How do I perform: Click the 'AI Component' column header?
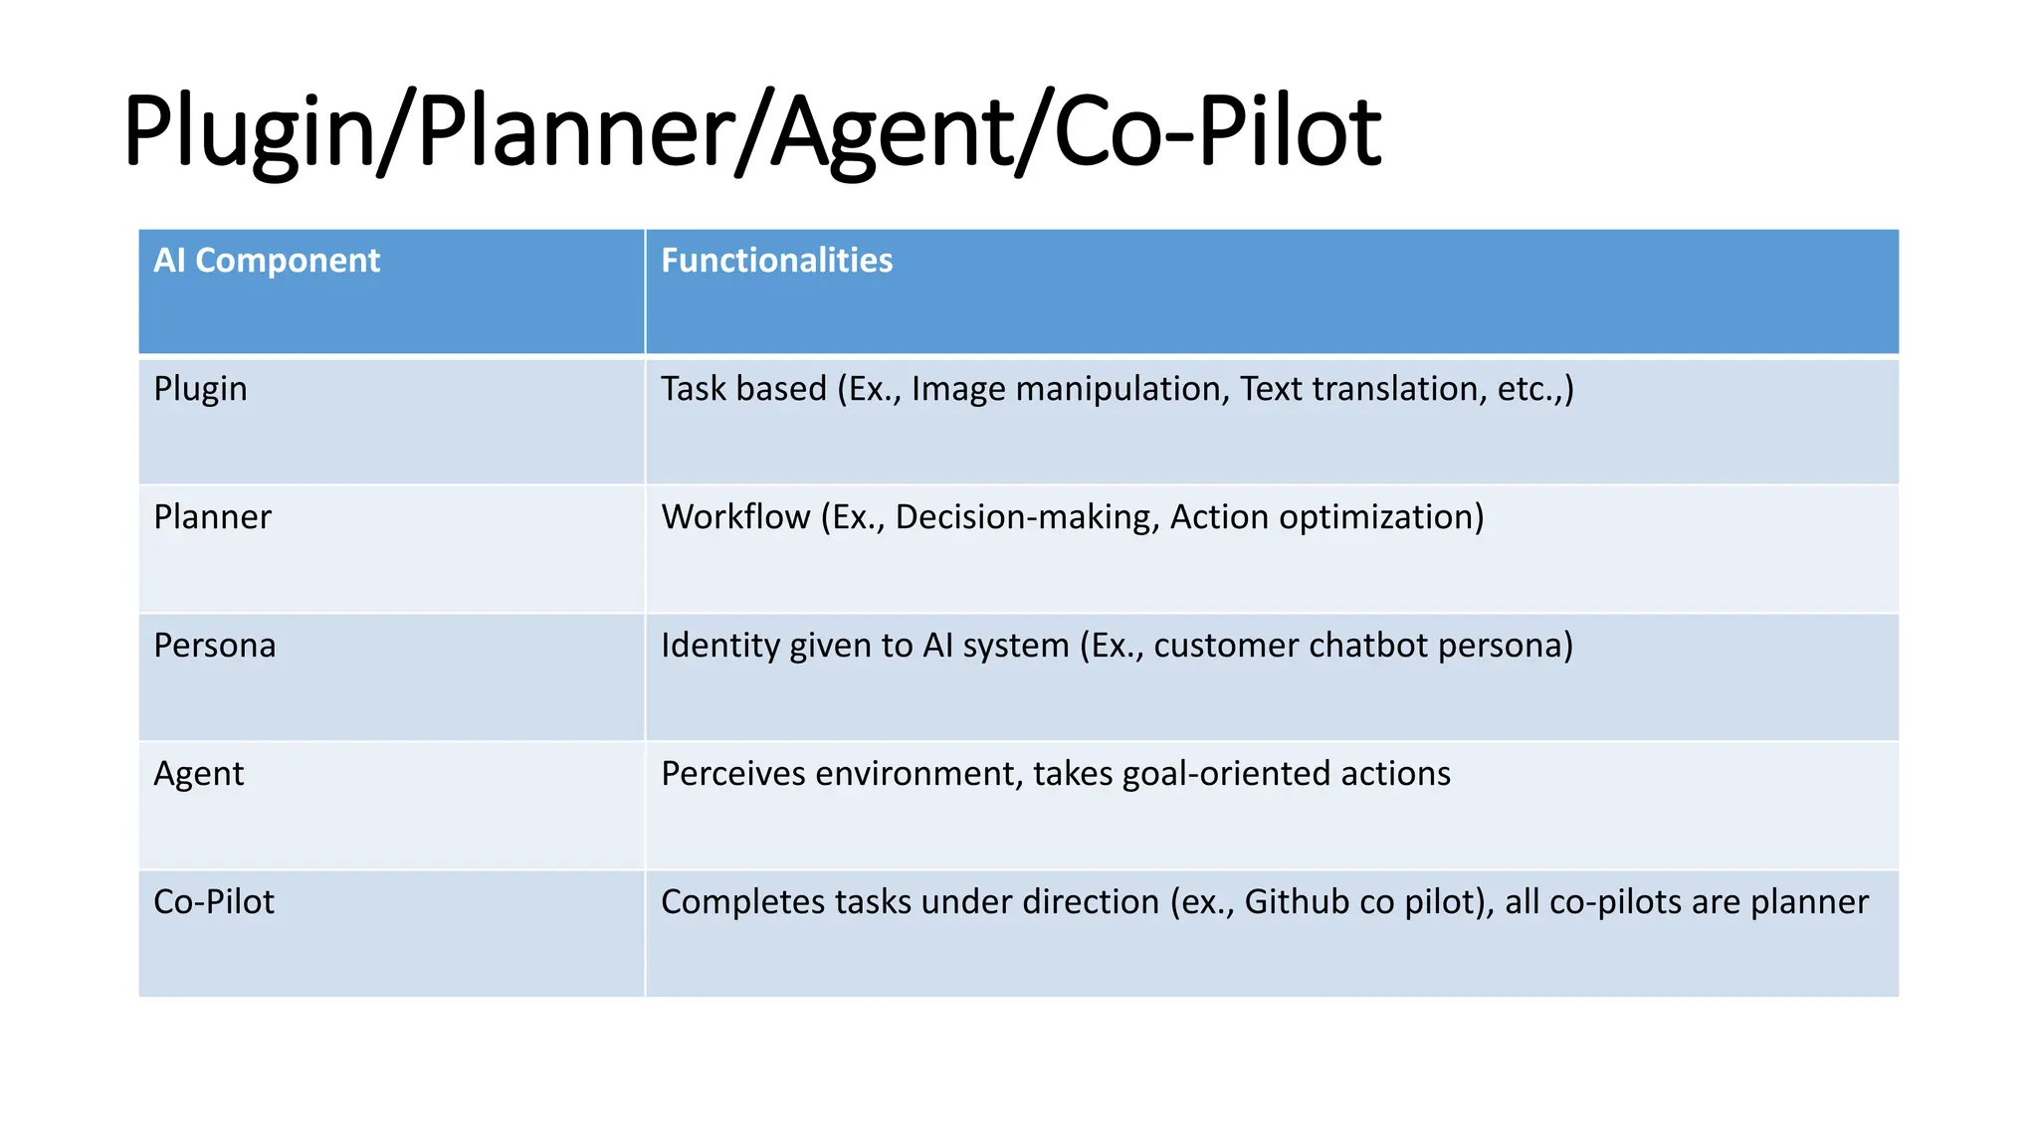pos(267,261)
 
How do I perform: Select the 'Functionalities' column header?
pos(776,261)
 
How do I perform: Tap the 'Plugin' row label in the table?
pos(200,389)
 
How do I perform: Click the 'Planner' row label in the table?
pos(212,517)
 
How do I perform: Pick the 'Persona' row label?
pos(214,646)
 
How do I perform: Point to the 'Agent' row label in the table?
pos(198,774)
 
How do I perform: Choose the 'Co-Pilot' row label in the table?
pos(213,902)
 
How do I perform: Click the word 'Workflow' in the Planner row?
pos(735,517)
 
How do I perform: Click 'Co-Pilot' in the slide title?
pos(1216,131)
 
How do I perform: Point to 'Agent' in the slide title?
pos(891,131)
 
